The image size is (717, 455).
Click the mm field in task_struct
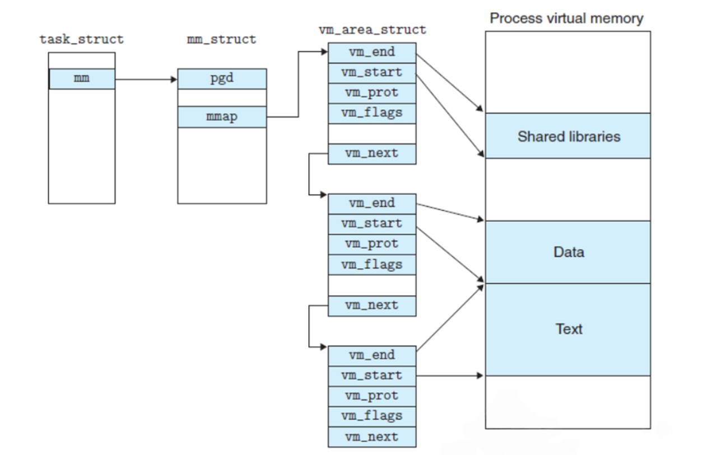[x=82, y=79]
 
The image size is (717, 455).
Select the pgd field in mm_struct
[x=222, y=79]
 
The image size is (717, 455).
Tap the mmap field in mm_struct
[x=222, y=117]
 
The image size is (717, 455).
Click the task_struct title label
[x=82, y=39]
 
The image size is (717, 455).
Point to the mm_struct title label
[x=221, y=39]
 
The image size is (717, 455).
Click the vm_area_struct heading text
[x=373, y=30]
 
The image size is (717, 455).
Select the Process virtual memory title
[x=566, y=18]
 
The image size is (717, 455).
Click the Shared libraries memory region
[x=568, y=136]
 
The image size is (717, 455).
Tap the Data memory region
[x=568, y=252]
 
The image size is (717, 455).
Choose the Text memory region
[x=568, y=330]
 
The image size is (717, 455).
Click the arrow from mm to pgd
[x=146, y=79]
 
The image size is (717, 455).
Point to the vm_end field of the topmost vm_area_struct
[x=373, y=53]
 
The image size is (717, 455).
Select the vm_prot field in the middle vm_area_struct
[x=373, y=245]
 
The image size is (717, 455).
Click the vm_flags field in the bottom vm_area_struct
[x=373, y=416]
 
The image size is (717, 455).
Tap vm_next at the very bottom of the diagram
[x=373, y=437]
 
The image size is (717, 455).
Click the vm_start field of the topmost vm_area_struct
[x=373, y=73]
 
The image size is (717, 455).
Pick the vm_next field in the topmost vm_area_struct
[x=373, y=154]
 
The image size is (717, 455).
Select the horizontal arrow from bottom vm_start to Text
[x=450, y=376]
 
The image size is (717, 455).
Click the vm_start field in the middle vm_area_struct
[x=373, y=224]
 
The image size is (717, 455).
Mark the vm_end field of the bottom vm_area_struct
[x=373, y=356]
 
